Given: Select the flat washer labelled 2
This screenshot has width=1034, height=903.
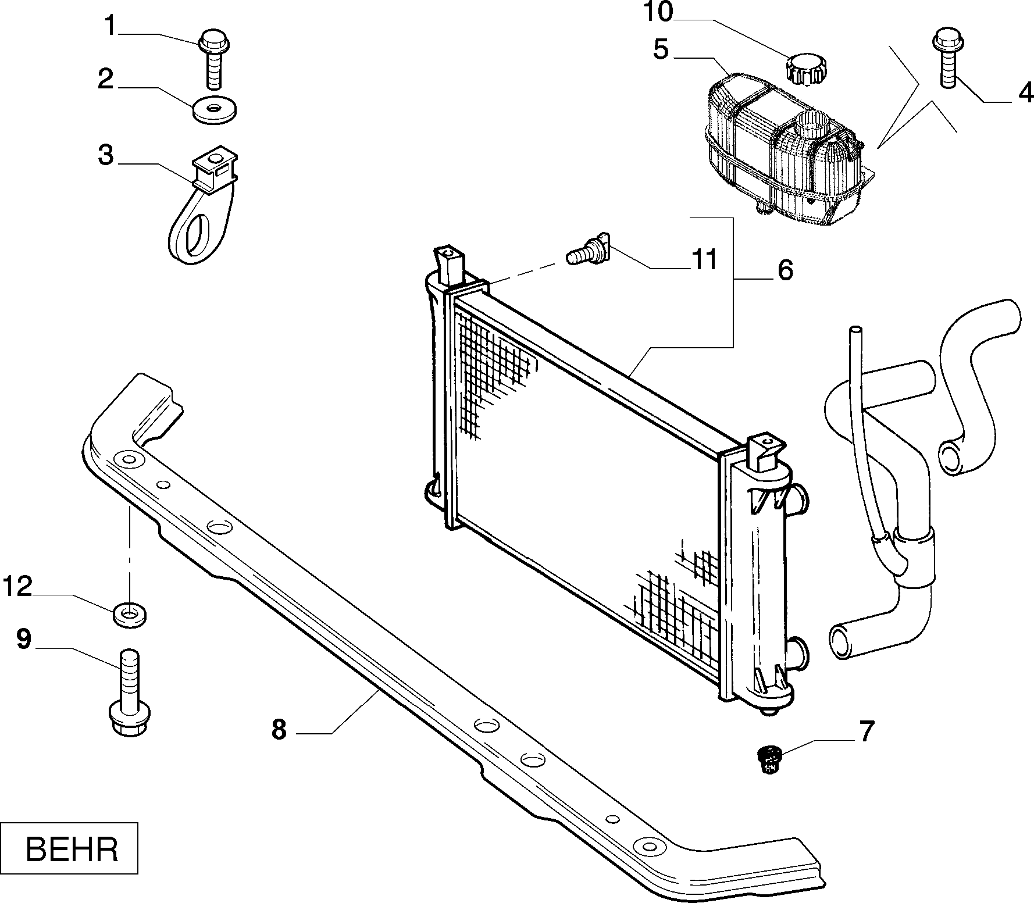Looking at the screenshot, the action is [x=215, y=110].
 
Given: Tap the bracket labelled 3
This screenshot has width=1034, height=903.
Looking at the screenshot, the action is [x=203, y=204].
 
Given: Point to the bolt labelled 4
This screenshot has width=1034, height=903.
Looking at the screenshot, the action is [x=947, y=59].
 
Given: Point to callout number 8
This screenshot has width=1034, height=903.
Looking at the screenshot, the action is [x=279, y=730].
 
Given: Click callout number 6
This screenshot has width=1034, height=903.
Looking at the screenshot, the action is [x=785, y=271].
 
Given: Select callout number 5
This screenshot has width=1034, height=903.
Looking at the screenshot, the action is [x=661, y=50].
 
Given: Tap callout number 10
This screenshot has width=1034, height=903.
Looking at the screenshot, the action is [x=658, y=12].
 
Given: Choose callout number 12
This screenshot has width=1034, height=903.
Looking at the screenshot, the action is [x=17, y=587].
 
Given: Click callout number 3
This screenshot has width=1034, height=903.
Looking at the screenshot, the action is [x=105, y=155].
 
